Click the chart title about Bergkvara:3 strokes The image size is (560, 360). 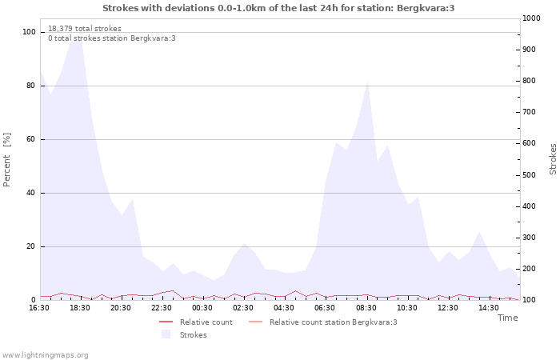[x=278, y=8]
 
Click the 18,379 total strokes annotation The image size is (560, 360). [x=85, y=29]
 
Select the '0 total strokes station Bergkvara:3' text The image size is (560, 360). [x=112, y=38]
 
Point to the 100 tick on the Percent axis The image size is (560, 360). [x=30, y=32]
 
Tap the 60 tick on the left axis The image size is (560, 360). [x=31, y=139]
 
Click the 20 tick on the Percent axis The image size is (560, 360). [x=31, y=246]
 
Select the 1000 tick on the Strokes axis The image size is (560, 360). [x=531, y=18]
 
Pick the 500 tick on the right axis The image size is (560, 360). [x=530, y=175]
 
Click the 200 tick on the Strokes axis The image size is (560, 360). [x=530, y=269]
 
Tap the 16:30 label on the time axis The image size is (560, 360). [x=39, y=308]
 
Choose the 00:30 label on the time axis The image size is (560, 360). [x=202, y=308]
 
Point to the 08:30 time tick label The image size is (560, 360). [x=366, y=308]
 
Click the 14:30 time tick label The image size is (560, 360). [x=489, y=308]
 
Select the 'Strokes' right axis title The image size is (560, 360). [x=553, y=159]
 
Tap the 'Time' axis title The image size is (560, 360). [x=507, y=318]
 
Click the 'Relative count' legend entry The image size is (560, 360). [x=206, y=322]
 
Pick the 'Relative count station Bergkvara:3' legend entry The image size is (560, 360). [x=333, y=322]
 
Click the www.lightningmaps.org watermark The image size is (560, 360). [x=45, y=354]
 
